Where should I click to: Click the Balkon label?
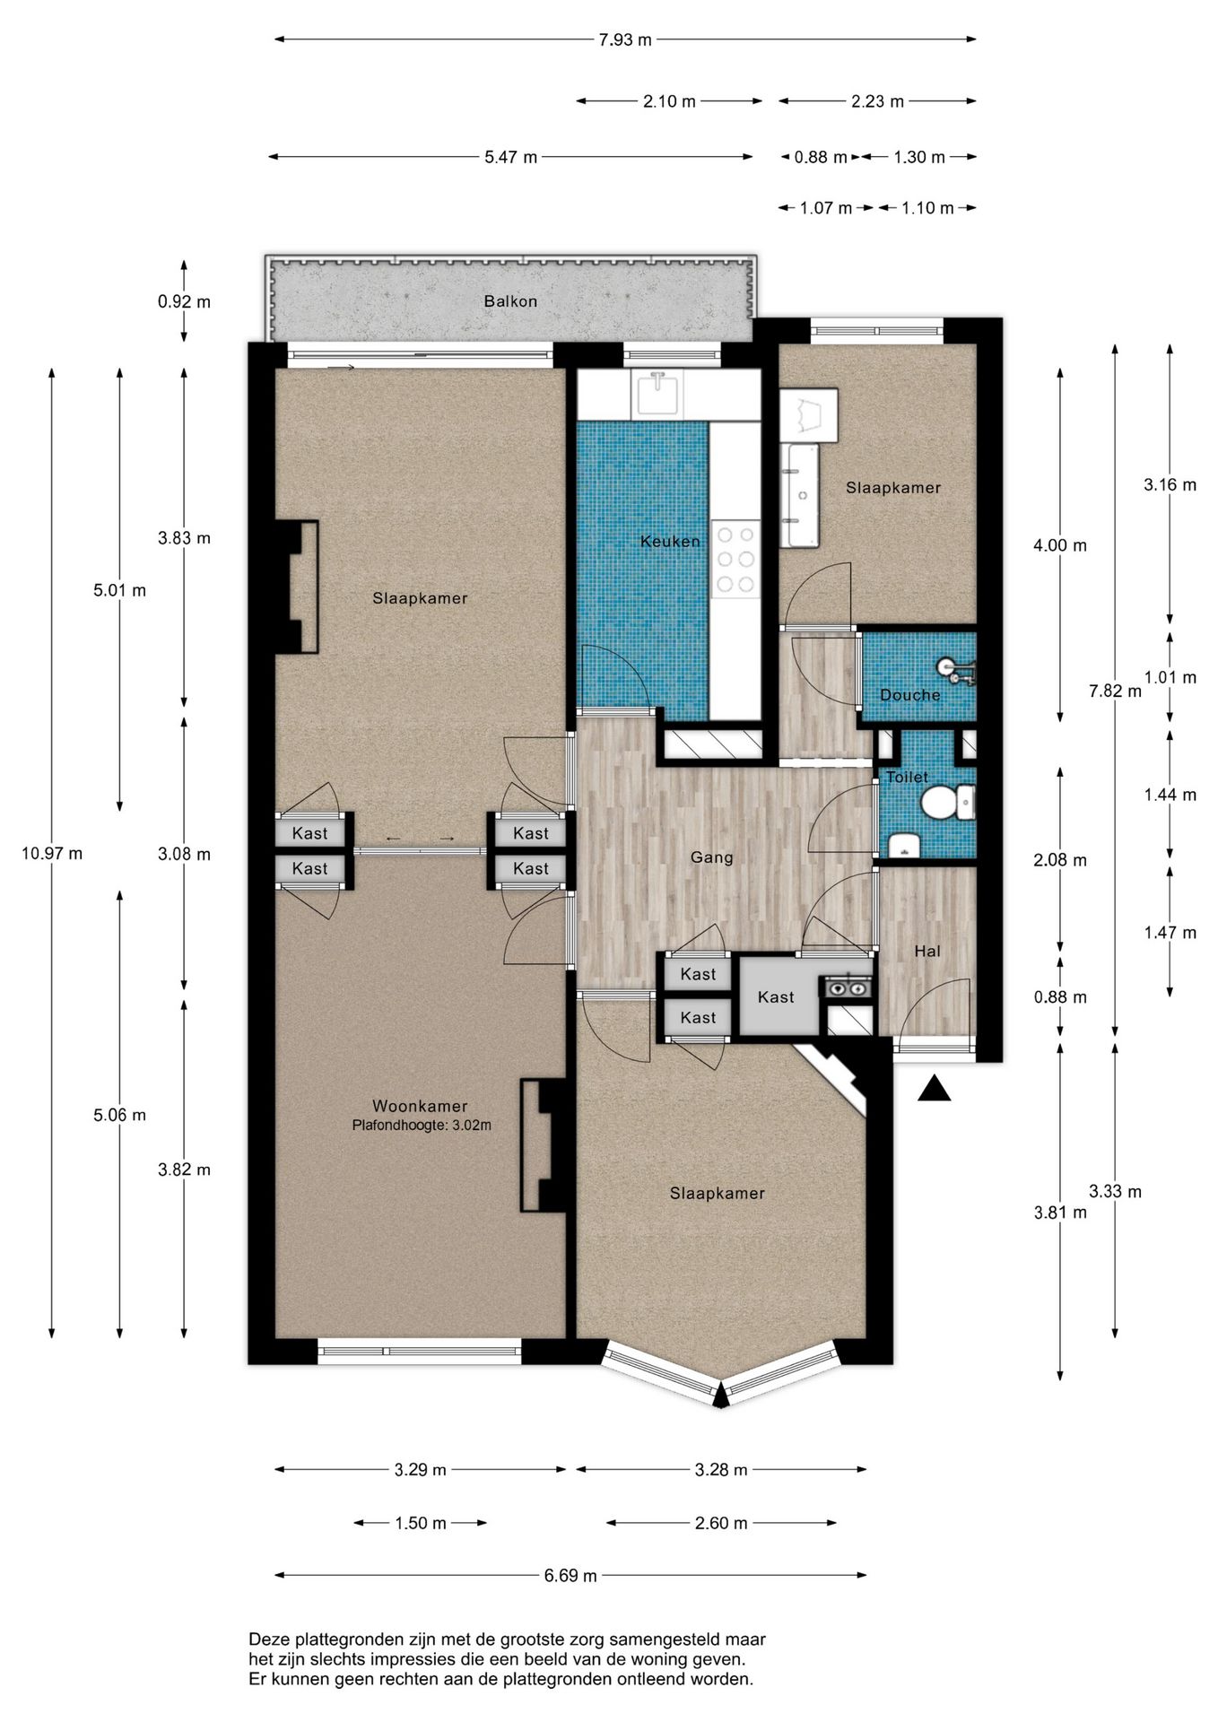tap(510, 301)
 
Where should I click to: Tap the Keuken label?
tap(670, 541)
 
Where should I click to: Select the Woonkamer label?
tap(420, 1107)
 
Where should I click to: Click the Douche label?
tap(910, 695)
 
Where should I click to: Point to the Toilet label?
tap(907, 778)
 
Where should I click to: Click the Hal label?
tap(927, 951)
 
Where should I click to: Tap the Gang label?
tap(712, 857)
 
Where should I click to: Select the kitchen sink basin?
tap(658, 395)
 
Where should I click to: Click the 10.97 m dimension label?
tap(52, 854)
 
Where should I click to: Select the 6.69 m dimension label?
tap(570, 1576)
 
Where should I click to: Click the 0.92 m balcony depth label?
tap(184, 302)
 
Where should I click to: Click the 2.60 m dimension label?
tap(721, 1523)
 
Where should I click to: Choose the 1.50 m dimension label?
tap(421, 1523)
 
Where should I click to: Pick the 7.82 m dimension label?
tap(1115, 691)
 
